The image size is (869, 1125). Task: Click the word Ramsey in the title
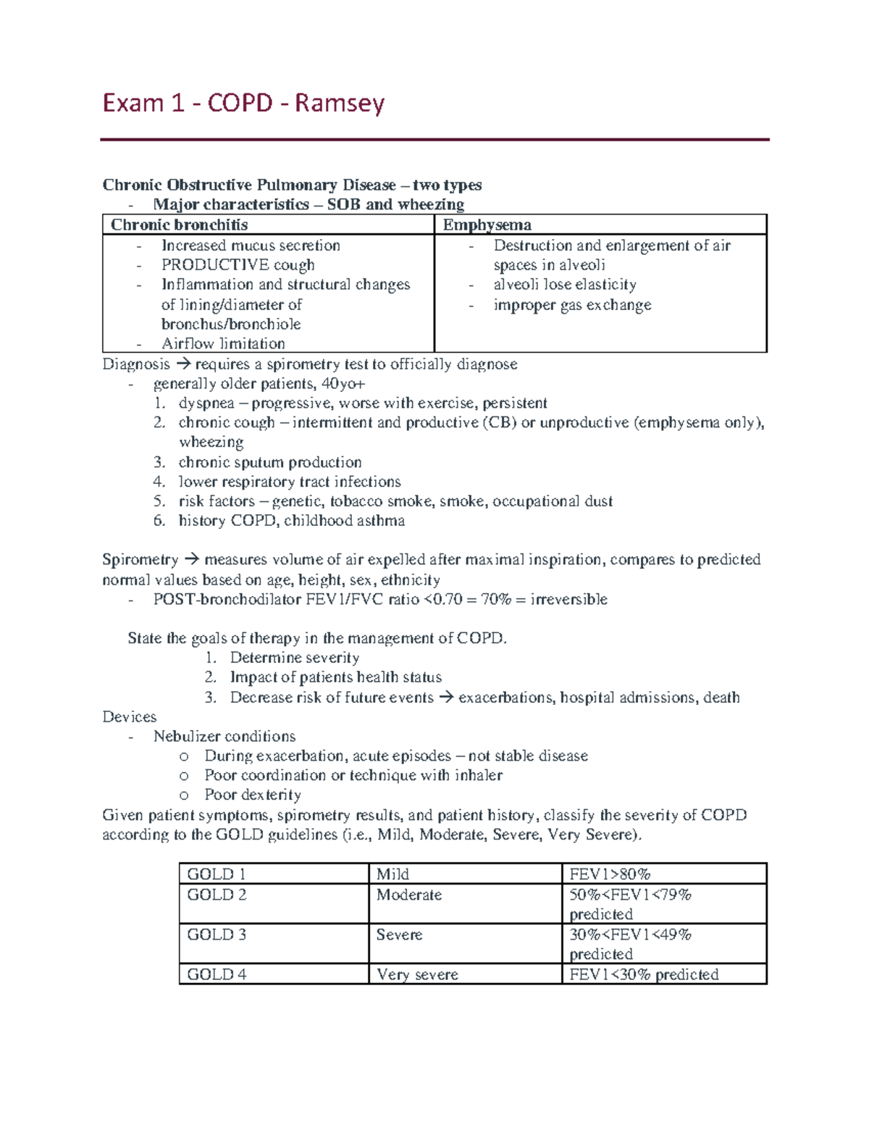click(339, 104)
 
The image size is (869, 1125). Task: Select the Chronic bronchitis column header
click(179, 225)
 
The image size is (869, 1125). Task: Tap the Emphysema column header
click(487, 225)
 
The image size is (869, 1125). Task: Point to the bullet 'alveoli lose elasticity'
click(565, 285)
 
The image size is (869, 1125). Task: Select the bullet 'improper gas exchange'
click(572, 305)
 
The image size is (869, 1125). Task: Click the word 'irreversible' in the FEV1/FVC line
click(568, 599)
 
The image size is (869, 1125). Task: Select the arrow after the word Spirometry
click(191, 559)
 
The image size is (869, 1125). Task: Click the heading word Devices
click(130, 716)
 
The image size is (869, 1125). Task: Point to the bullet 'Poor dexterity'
click(252, 795)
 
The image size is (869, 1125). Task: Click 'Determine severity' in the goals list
click(294, 658)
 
